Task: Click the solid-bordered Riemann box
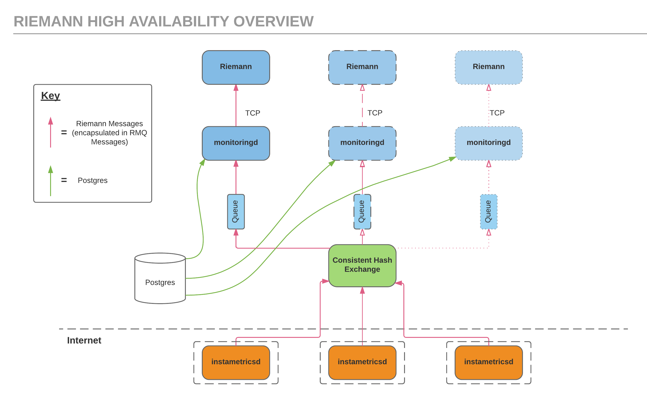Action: [x=236, y=67]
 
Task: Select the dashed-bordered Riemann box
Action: [x=362, y=67]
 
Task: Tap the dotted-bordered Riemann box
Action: [x=488, y=67]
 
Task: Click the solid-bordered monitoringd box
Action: [x=236, y=143]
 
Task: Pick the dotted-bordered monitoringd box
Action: [x=488, y=143]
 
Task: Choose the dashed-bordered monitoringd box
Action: [x=362, y=143]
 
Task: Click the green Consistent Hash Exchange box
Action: [x=362, y=265]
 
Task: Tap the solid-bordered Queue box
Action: [x=236, y=211]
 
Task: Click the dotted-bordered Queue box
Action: [x=488, y=211]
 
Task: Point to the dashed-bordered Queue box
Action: [x=362, y=211]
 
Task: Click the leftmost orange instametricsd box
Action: [x=236, y=362]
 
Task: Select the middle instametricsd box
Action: [x=362, y=362]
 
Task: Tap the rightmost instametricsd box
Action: [x=488, y=362]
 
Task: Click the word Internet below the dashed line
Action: [x=84, y=340]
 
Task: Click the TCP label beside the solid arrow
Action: [x=252, y=113]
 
